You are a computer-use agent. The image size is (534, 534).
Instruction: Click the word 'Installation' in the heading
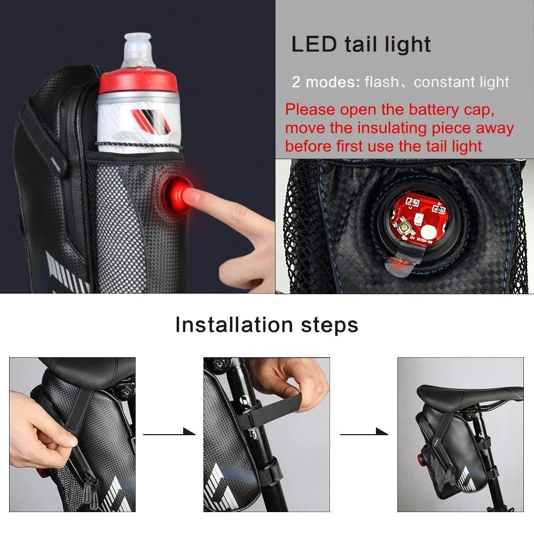(x=234, y=325)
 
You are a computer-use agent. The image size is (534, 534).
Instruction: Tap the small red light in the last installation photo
(x=421, y=459)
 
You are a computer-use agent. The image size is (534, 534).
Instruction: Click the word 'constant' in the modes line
(x=443, y=82)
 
